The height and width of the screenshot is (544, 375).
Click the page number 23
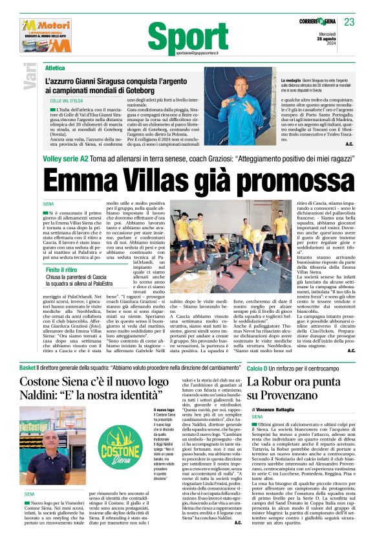(x=349, y=22)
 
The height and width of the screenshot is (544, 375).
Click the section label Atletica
(x=55, y=67)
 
